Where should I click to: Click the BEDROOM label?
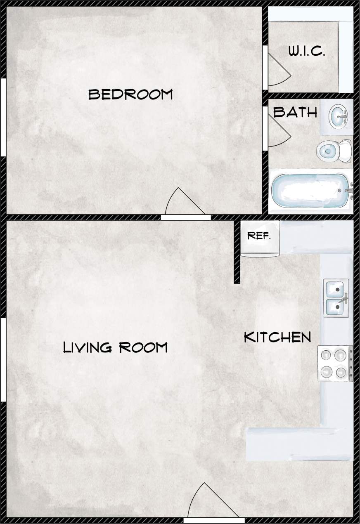(x=130, y=94)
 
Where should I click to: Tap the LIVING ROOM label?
(x=115, y=347)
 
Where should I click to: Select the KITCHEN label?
(x=277, y=337)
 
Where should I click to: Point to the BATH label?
(x=295, y=112)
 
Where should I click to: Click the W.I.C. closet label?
(x=307, y=52)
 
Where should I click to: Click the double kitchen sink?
(x=336, y=298)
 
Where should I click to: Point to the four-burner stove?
(x=335, y=363)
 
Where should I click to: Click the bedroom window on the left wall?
(x=3, y=118)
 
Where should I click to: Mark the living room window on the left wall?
(x=3, y=359)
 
